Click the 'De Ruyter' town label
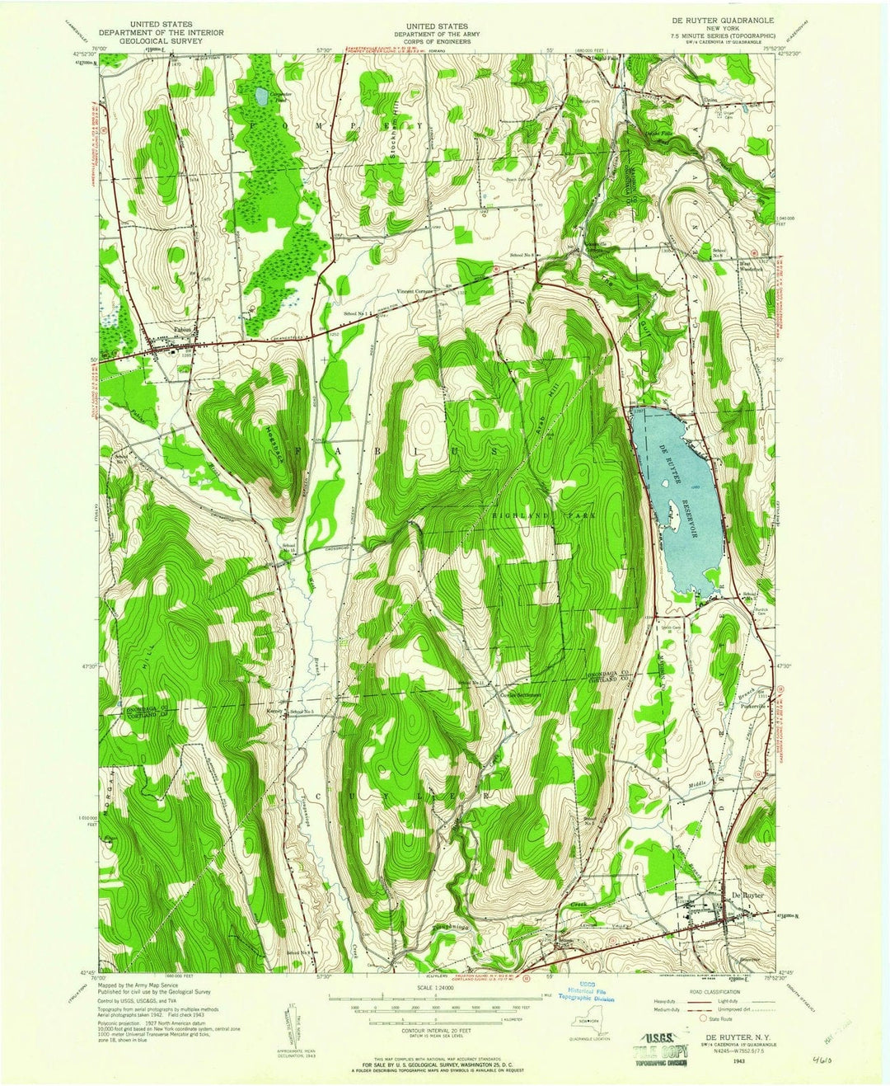[747, 896]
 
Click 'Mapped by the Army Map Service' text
[145, 985]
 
